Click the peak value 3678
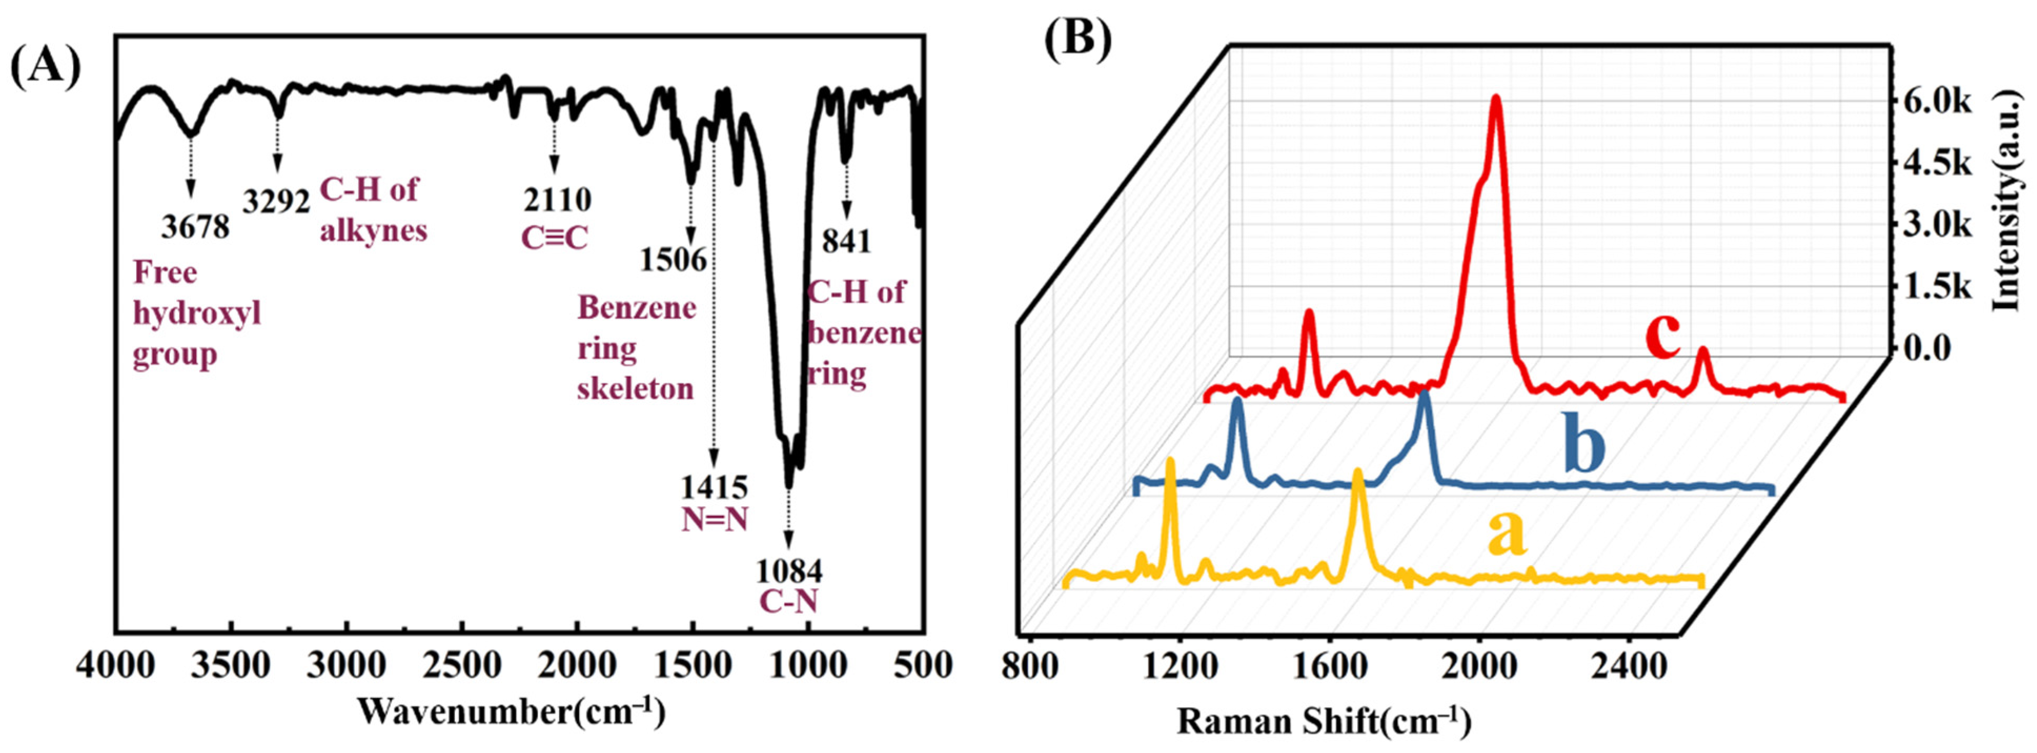[x=195, y=227]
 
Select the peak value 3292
[x=276, y=202]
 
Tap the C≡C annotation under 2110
[x=554, y=237]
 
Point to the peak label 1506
[x=673, y=259]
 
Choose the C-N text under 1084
[x=788, y=601]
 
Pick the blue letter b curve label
[x=1584, y=448]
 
